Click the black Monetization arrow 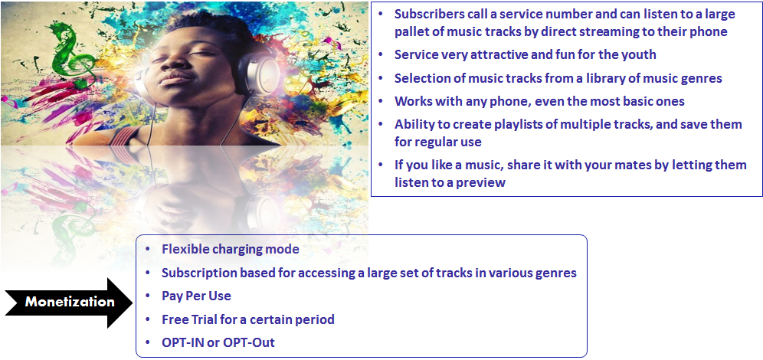(x=69, y=303)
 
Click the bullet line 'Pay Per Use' (x=196, y=296)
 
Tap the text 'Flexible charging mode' (x=230, y=249)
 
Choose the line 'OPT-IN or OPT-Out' (x=218, y=342)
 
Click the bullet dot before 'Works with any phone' (x=380, y=102)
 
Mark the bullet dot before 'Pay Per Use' (x=147, y=296)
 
